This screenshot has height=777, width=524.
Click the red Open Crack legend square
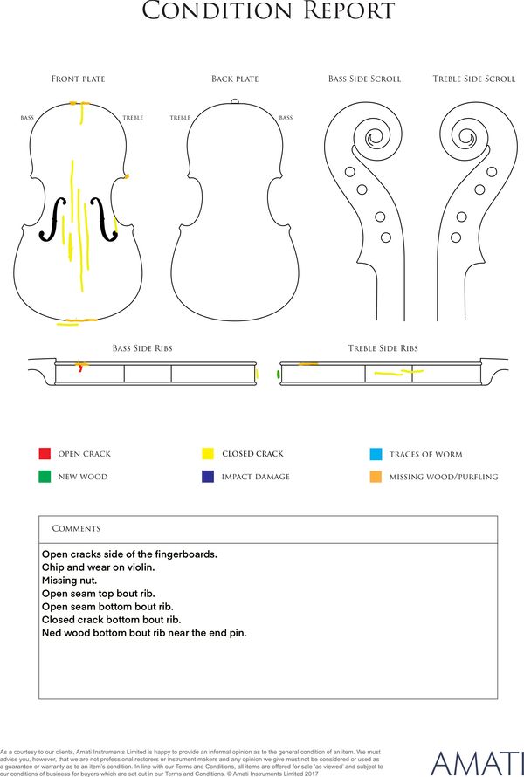(x=45, y=453)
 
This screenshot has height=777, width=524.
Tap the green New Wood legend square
(x=45, y=476)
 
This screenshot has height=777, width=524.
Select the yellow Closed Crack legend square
(x=208, y=453)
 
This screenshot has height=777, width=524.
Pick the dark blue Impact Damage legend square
(x=208, y=476)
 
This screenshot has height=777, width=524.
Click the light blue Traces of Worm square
(x=376, y=454)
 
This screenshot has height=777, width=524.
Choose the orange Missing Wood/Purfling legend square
(x=376, y=477)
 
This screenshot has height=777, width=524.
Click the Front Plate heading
(x=79, y=79)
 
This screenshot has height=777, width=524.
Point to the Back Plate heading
(x=235, y=79)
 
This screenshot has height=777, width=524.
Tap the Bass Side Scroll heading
(x=364, y=79)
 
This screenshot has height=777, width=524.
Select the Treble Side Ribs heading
(x=383, y=348)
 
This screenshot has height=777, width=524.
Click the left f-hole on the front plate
(x=53, y=219)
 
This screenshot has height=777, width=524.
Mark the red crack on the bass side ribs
(x=80, y=368)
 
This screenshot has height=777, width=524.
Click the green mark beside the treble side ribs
(x=278, y=375)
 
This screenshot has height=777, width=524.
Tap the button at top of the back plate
(x=235, y=101)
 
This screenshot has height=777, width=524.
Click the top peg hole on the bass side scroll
(x=349, y=172)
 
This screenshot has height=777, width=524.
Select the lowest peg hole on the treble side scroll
(x=456, y=237)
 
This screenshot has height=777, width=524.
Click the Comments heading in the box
(x=76, y=529)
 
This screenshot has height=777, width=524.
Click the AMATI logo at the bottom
(x=477, y=764)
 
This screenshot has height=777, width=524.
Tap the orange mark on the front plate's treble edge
(x=126, y=175)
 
